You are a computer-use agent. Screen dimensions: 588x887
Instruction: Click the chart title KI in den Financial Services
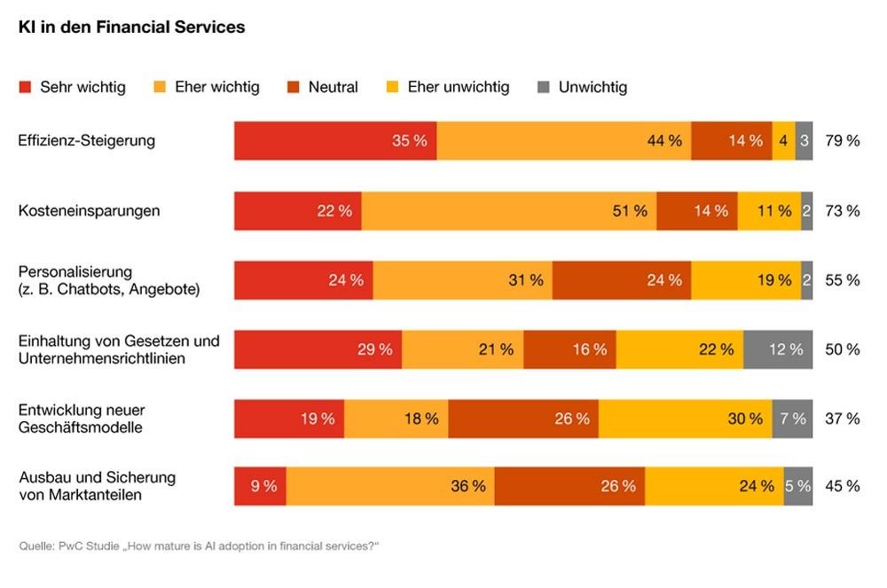[x=131, y=27]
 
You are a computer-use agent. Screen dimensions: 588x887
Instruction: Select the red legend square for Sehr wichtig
[x=25, y=87]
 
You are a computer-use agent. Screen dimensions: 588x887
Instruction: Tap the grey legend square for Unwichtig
[x=544, y=87]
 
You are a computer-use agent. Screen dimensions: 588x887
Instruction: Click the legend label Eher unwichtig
[x=458, y=87]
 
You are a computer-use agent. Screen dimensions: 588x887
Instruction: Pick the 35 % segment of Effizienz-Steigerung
[x=335, y=141]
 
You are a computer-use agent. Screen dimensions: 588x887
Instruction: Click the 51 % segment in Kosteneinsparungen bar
[x=508, y=211]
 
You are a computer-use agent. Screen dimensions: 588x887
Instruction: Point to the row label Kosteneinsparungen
[x=90, y=211]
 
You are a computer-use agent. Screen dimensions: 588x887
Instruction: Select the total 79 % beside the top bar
[x=842, y=141]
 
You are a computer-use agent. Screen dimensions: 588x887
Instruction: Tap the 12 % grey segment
[x=778, y=349]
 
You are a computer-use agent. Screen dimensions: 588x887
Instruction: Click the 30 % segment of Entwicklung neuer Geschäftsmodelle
[x=685, y=419]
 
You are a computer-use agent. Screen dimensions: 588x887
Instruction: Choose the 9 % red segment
[x=260, y=486]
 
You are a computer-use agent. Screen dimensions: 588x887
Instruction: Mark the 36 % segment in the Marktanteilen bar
[x=390, y=486]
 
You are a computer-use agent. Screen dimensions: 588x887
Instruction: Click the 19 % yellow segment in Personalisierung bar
[x=745, y=280]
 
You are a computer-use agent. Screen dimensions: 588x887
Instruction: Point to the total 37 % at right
[x=842, y=419]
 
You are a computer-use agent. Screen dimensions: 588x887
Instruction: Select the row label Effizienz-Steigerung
[x=87, y=141]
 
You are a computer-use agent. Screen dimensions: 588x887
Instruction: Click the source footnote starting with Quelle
[x=199, y=545]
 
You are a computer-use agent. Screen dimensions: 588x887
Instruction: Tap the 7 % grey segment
[x=792, y=419]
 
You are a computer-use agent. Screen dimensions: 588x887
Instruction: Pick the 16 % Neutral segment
[x=569, y=349]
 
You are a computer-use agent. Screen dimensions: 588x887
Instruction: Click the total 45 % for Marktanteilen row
[x=842, y=486]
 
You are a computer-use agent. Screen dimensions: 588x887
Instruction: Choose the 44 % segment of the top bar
[x=563, y=141]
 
